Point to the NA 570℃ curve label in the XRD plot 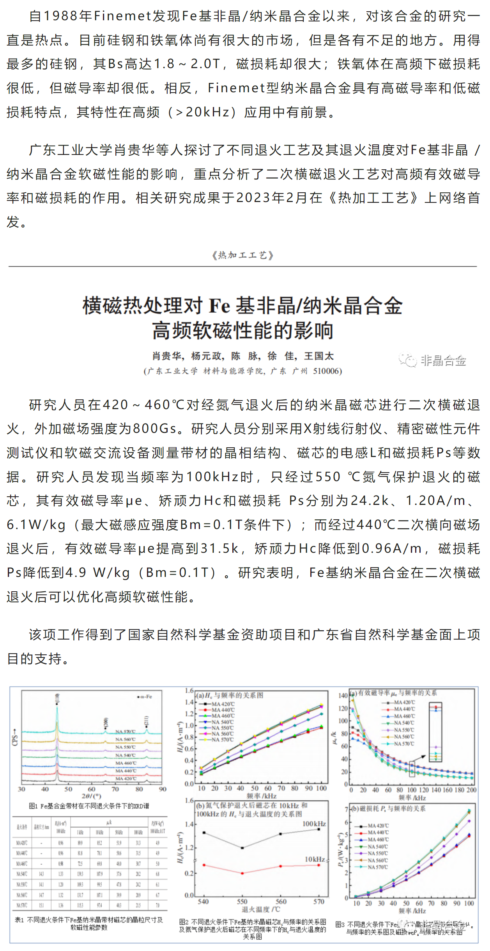126,731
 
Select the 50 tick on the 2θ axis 68,789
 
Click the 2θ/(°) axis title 92,796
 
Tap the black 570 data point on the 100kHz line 319,829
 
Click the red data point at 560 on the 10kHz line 281,866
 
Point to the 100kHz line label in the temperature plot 314,824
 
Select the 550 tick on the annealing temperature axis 242,902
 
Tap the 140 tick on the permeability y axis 343,696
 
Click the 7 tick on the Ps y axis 346,809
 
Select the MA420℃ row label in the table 21,843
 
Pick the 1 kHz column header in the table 80,832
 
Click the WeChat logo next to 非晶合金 408,360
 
